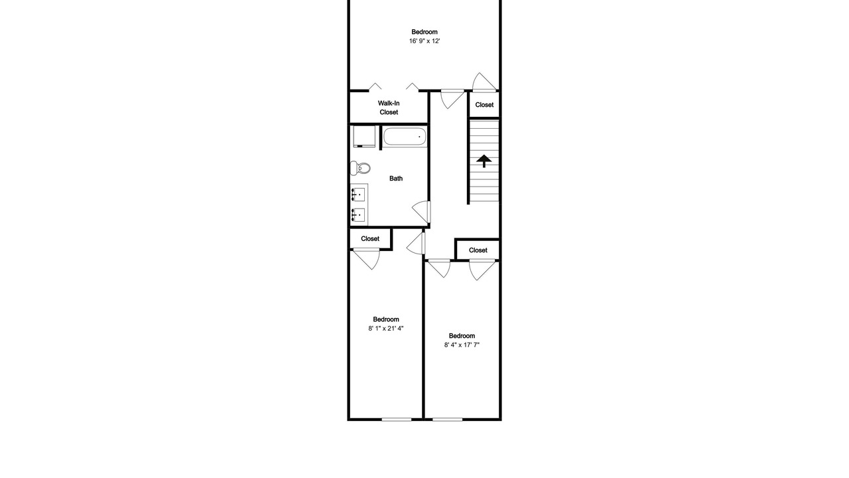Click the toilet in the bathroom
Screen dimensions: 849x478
(359, 168)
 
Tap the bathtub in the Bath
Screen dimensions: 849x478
(405, 137)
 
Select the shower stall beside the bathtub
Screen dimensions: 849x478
(364, 136)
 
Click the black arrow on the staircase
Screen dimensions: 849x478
(484, 161)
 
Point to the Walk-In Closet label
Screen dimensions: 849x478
(389, 108)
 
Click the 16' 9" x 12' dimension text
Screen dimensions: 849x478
(424, 41)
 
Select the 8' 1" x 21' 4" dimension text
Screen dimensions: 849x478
(386, 329)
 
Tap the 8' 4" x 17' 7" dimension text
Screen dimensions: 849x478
(462, 345)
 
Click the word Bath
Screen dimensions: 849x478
(396, 179)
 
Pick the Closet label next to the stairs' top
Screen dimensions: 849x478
(484, 105)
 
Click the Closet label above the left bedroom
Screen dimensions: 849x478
(370, 238)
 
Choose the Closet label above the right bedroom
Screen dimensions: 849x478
(478, 250)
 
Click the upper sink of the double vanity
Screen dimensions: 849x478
(358, 195)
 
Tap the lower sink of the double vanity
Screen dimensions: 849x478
(358, 215)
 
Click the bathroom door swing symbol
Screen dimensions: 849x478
(421, 212)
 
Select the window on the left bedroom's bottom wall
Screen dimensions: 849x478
(397, 419)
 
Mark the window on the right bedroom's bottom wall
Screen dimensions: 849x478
(447, 419)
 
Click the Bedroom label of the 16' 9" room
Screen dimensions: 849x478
(424, 32)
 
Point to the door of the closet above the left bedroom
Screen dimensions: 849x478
(367, 259)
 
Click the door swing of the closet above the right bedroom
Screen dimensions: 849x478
(482, 270)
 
